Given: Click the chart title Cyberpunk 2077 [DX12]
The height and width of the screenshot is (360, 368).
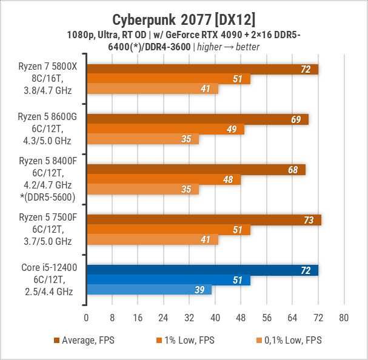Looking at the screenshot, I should tap(184, 15).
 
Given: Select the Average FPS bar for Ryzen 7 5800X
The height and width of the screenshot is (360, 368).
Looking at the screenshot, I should tap(202, 69).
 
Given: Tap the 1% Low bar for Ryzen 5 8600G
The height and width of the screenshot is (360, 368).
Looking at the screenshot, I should tap(165, 129).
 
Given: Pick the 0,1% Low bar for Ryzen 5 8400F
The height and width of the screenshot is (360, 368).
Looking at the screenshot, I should tap(142, 189).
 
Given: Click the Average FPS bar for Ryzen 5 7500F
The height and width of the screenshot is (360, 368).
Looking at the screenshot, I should tap(204, 219).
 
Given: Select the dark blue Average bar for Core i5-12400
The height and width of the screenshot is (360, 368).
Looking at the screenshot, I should tap(202, 270).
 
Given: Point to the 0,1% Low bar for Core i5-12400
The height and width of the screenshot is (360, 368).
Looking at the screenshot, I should tap(149, 290).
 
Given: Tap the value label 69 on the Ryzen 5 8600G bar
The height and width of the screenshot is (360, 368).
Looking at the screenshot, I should tap(296, 119).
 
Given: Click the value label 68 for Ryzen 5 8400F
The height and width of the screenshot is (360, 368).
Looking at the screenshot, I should tap(293, 170).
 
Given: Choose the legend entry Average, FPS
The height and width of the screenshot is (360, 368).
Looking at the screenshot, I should tap(84, 341).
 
